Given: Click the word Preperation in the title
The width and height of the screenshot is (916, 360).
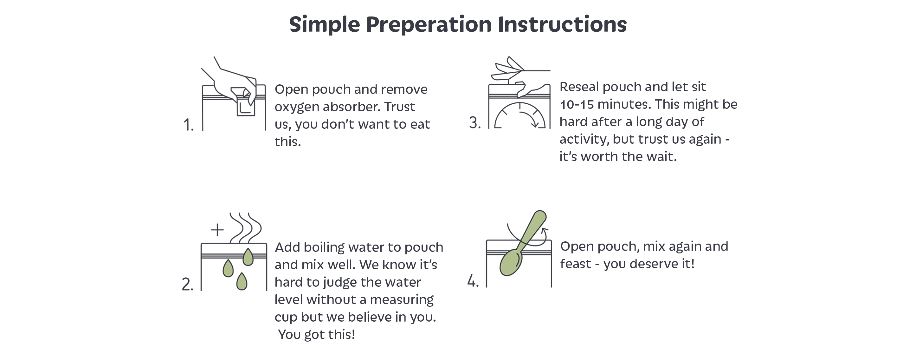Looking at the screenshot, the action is [429, 25].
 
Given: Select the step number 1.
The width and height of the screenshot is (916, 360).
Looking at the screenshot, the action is [188, 125].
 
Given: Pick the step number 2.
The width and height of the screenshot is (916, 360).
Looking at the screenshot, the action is [187, 284].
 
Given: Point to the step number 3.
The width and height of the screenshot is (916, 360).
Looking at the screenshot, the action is [475, 122].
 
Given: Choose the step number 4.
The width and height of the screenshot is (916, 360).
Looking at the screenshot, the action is [473, 281].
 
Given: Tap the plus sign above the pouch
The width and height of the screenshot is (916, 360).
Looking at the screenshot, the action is [217, 230].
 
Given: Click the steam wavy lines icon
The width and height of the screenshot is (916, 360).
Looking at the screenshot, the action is [245, 228].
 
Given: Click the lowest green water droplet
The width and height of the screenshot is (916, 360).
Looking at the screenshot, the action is [242, 281].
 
